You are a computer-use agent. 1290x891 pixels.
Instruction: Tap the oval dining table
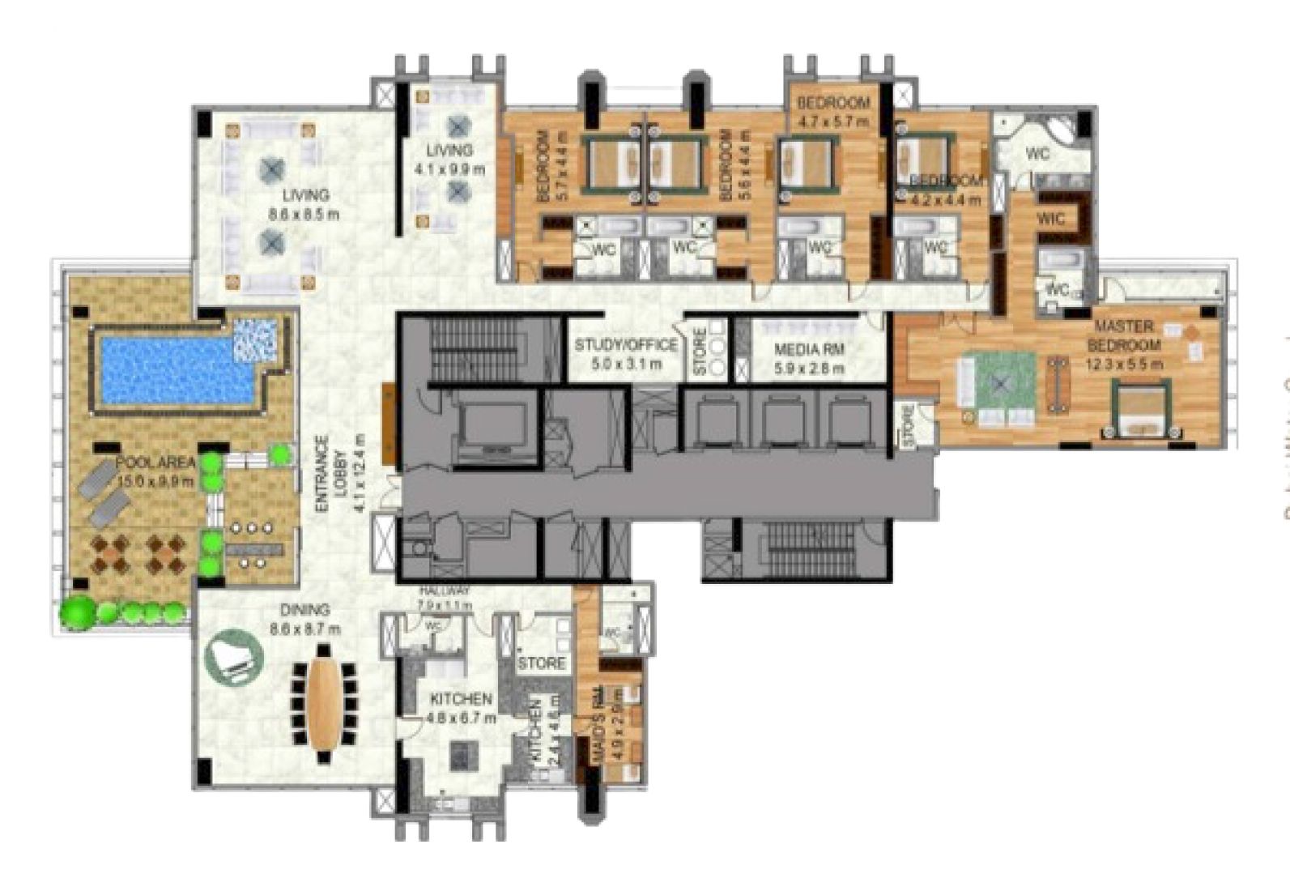pos(323,703)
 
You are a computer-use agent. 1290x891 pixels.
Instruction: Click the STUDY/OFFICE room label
pos(625,345)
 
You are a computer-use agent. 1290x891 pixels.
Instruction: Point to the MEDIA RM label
pos(809,350)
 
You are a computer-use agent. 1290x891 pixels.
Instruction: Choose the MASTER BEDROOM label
pos(1123,335)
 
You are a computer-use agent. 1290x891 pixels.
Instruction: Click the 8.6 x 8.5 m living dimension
pos(304,215)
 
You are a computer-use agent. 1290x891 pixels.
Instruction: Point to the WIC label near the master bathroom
pos(1050,219)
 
